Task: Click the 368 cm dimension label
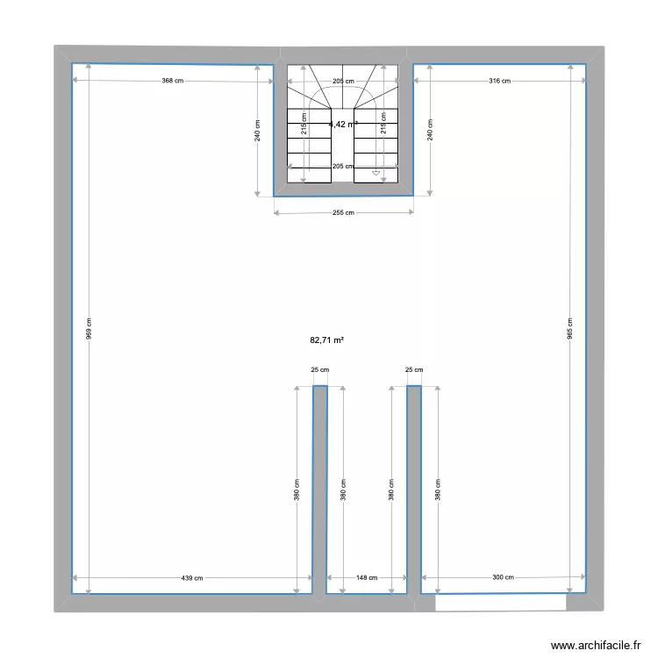(173, 82)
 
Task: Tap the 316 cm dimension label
(499, 82)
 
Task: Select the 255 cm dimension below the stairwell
(344, 212)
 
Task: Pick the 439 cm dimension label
(192, 577)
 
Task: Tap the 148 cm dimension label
(367, 577)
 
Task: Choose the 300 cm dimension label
(503, 577)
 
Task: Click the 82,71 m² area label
(326, 340)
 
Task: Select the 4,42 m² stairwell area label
(343, 125)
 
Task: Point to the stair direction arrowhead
(376, 173)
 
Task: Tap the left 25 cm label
(320, 370)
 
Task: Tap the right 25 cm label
(414, 370)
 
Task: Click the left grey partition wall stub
(320, 487)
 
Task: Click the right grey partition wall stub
(414, 487)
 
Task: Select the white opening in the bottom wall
(500, 603)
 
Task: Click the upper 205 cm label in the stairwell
(343, 82)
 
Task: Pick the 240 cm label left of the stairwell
(257, 130)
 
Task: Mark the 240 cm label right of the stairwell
(430, 130)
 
